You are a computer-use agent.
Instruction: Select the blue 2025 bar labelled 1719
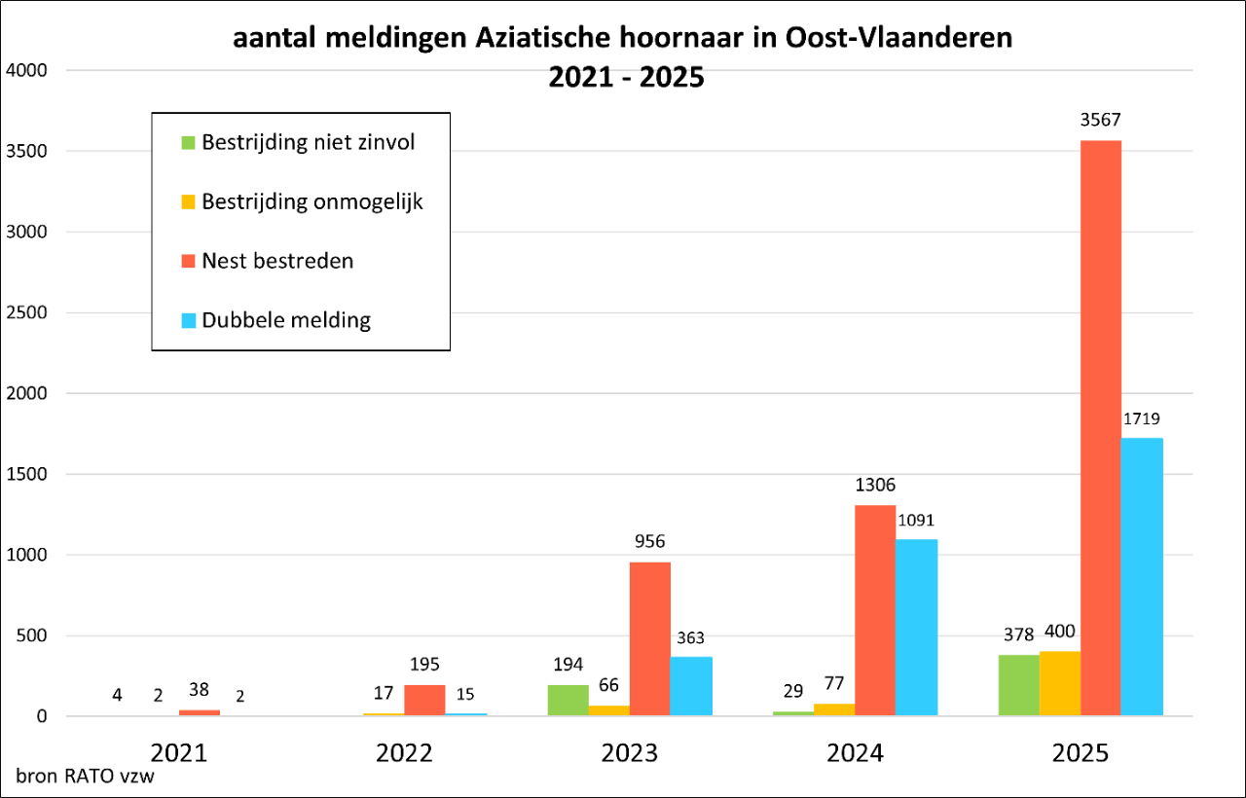click(1142, 577)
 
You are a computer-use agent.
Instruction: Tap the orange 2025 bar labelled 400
click(1059, 683)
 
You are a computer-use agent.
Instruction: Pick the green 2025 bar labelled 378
click(1018, 685)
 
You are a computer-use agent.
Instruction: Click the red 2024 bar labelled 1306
click(875, 610)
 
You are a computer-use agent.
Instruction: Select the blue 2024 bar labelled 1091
click(916, 628)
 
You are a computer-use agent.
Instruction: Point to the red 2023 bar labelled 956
click(649, 638)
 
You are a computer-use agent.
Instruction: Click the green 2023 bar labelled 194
click(568, 701)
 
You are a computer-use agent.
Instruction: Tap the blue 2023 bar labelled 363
click(691, 686)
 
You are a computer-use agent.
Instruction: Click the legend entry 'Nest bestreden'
click(277, 261)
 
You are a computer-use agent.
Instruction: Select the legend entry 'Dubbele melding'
click(286, 320)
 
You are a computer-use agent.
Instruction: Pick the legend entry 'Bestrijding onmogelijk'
click(311, 202)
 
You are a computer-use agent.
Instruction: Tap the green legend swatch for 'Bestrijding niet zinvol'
click(189, 143)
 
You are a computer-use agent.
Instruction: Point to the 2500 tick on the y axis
click(26, 313)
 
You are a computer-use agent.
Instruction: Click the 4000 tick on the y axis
click(26, 71)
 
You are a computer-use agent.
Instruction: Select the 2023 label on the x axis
click(630, 752)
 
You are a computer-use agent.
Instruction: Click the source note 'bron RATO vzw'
click(85, 778)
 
